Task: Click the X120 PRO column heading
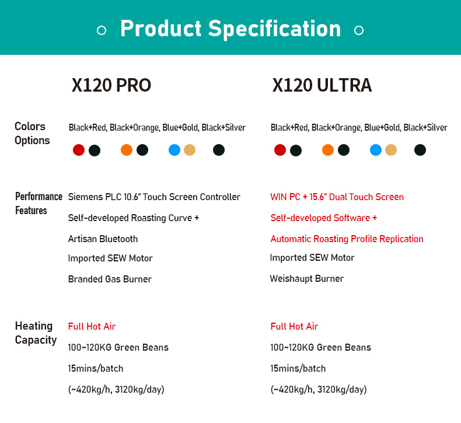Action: (x=111, y=85)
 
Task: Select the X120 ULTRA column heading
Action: (x=322, y=85)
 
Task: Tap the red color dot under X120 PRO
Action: (x=79, y=150)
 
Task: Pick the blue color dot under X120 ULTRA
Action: (x=376, y=150)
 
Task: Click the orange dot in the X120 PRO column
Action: (x=127, y=150)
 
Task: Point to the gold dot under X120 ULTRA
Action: (x=391, y=150)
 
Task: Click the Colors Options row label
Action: (x=32, y=134)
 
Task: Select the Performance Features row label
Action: (x=39, y=204)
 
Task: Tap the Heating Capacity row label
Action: (x=36, y=333)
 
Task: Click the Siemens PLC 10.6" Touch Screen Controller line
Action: (x=154, y=197)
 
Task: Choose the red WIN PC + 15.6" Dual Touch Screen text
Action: (x=337, y=197)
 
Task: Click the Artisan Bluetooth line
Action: (x=103, y=239)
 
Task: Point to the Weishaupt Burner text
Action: (x=306, y=278)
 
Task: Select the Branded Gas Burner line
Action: (x=110, y=279)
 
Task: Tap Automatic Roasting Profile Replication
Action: (x=347, y=239)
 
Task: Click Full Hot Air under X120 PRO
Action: (x=92, y=326)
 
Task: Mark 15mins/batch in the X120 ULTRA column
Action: (x=298, y=368)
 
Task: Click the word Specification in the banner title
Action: (x=275, y=29)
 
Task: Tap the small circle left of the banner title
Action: (x=102, y=30)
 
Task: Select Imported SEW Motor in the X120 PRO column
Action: (x=110, y=258)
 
